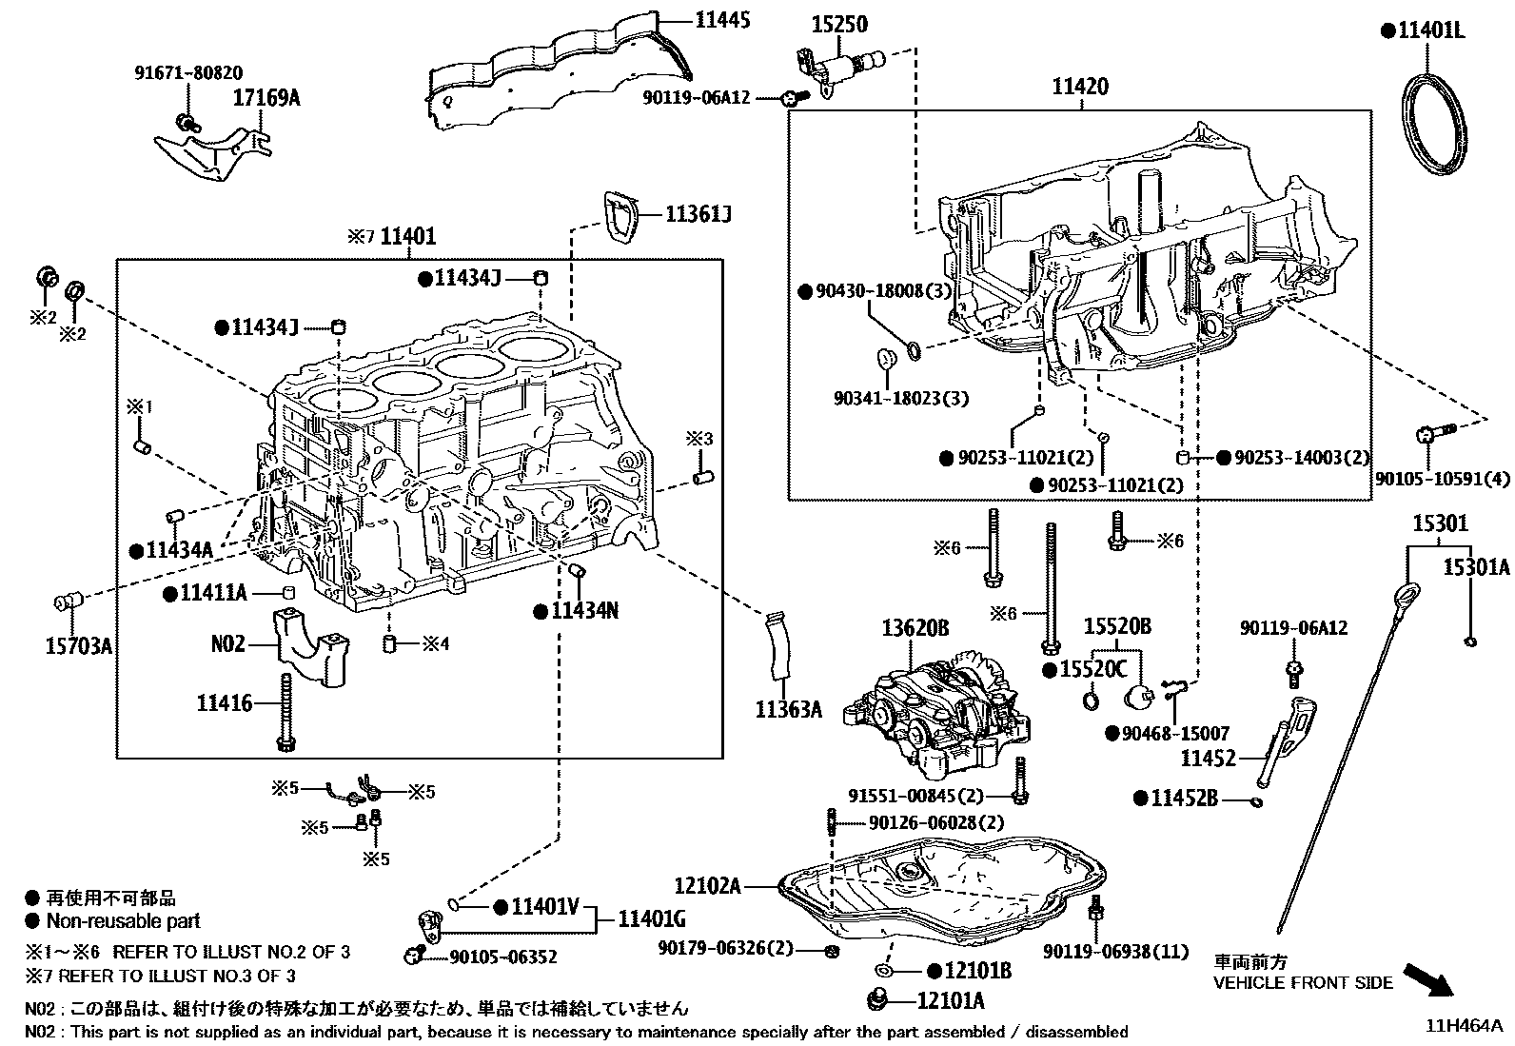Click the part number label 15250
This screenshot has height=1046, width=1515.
(839, 24)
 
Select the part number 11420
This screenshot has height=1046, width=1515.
(1080, 88)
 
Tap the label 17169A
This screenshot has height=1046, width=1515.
(266, 97)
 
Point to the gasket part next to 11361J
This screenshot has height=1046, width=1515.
(621, 217)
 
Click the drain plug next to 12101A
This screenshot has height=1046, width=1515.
(878, 1001)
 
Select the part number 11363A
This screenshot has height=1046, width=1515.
(789, 709)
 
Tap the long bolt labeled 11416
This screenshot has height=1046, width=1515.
(285, 714)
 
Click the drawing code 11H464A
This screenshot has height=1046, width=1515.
(1464, 1026)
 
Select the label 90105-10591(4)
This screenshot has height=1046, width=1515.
(1442, 479)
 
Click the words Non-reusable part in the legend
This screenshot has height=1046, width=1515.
(124, 921)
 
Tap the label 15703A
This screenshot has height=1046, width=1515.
(79, 647)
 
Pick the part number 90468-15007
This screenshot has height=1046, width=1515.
(1175, 734)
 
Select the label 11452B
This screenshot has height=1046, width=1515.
(1184, 799)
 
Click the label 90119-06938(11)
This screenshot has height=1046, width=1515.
(1116, 951)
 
